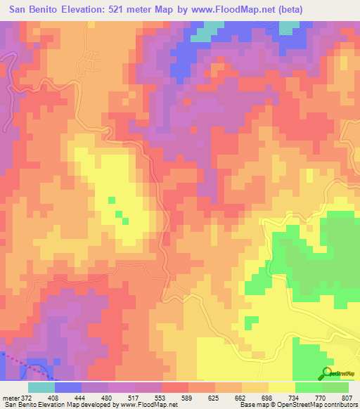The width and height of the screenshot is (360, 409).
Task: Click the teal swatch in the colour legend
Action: [41, 387]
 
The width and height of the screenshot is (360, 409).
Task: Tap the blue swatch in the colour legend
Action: [68, 387]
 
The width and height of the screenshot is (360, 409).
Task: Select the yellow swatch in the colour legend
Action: [281, 387]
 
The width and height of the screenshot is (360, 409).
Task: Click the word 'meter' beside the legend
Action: [9, 398]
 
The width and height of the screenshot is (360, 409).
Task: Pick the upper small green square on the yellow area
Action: [111, 200]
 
